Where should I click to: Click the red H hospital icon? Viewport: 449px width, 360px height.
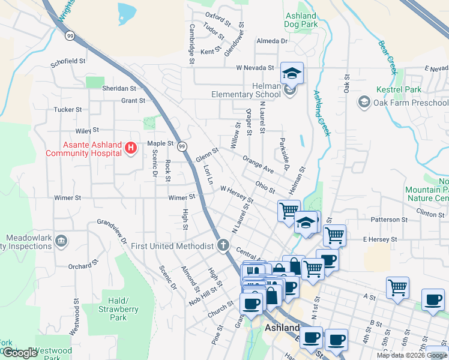[130, 148]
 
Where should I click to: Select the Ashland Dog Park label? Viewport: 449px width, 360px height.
[300, 20]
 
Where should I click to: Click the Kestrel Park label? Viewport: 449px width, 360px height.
[399, 89]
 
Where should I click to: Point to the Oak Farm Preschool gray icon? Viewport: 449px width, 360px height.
[364, 102]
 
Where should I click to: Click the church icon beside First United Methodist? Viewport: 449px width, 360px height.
[223, 245]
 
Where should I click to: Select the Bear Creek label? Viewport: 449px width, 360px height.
[388, 56]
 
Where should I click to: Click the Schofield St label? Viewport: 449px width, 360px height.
[68, 61]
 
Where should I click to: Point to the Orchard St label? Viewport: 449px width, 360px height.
[83, 265]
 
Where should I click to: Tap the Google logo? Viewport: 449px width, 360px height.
[20, 353]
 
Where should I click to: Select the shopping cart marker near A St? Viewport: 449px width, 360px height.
[397, 288]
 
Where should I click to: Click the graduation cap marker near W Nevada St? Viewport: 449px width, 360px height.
[292, 73]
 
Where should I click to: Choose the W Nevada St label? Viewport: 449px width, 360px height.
[255, 68]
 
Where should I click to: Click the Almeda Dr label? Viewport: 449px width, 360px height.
[272, 41]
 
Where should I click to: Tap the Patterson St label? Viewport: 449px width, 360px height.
[389, 220]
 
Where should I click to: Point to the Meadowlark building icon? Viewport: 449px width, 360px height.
[60, 241]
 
